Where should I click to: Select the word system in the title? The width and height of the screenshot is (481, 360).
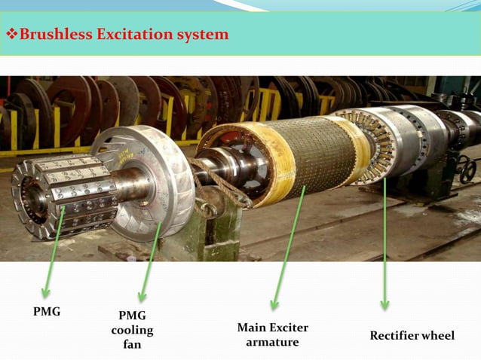(199, 35)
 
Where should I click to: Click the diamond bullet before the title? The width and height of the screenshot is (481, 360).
(11, 35)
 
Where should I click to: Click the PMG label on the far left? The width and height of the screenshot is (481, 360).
(47, 311)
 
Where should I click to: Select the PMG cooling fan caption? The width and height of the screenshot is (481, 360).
(132, 330)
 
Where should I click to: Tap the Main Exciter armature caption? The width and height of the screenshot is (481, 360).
(272, 334)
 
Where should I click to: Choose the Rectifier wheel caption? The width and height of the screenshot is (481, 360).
(412, 335)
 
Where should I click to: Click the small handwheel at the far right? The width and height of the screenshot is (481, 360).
(467, 169)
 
